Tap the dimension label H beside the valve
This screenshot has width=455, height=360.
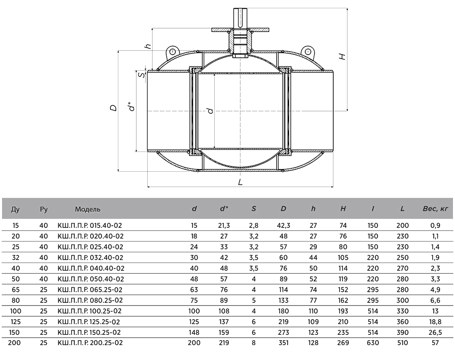342,56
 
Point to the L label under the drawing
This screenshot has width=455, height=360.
240,182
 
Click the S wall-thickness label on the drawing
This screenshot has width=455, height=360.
141,75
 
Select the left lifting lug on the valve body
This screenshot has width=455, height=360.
172,52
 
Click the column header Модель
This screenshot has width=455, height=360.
88,209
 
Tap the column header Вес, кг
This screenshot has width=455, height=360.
435,208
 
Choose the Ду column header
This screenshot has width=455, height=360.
15,209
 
